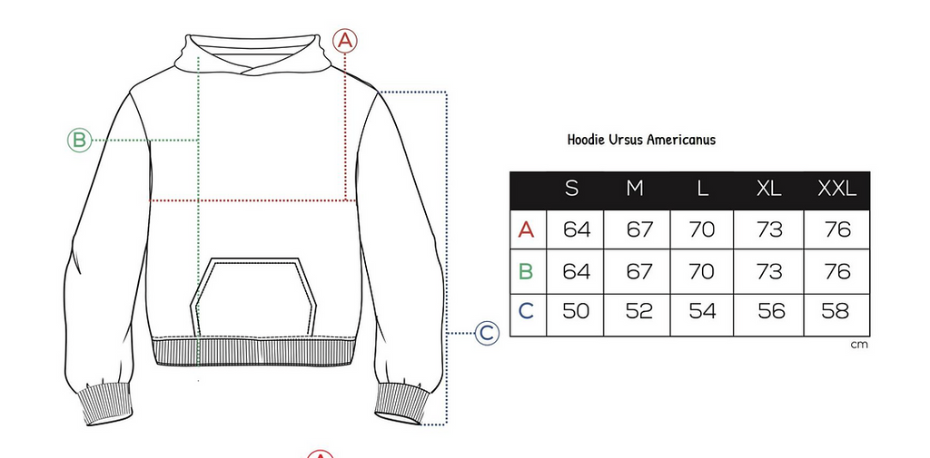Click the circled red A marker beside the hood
pyautogui.click(x=345, y=41)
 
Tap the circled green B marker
pyautogui.click(x=80, y=141)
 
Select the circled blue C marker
pyautogui.click(x=487, y=333)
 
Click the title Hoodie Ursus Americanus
pyautogui.click(x=641, y=140)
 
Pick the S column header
pyautogui.click(x=572, y=189)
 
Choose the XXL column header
pyautogui.click(x=836, y=189)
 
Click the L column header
pyautogui.click(x=703, y=189)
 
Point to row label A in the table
pyautogui.click(x=526, y=229)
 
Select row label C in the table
pyautogui.click(x=526, y=311)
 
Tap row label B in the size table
pyautogui.click(x=526, y=271)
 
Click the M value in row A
pyautogui.click(x=639, y=229)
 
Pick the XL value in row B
pyautogui.click(x=770, y=271)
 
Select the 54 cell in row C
pyautogui.click(x=703, y=311)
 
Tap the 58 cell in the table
pyautogui.click(x=836, y=311)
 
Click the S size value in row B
pyautogui.click(x=577, y=271)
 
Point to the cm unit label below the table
pyautogui.click(x=859, y=345)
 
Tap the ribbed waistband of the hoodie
pyautogui.click(x=254, y=351)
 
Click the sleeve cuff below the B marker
pyautogui.click(x=107, y=404)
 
